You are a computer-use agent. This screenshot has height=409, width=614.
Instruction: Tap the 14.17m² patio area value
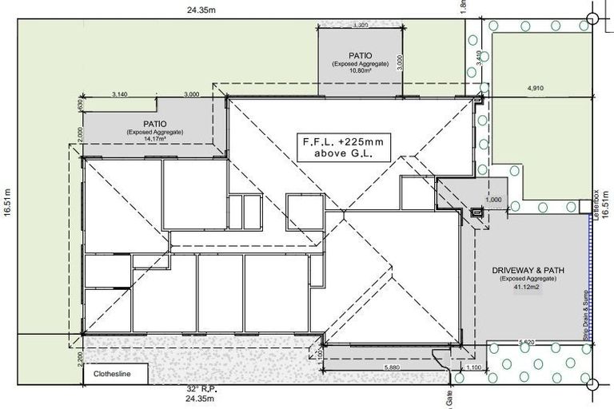[x=150, y=139]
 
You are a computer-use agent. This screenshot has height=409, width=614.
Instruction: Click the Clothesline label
[x=111, y=373]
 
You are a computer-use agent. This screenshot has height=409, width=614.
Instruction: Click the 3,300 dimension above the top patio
[x=360, y=26]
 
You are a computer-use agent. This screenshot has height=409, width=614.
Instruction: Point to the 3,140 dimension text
[x=121, y=94]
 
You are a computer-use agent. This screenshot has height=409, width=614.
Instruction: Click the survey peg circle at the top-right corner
[x=592, y=19]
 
